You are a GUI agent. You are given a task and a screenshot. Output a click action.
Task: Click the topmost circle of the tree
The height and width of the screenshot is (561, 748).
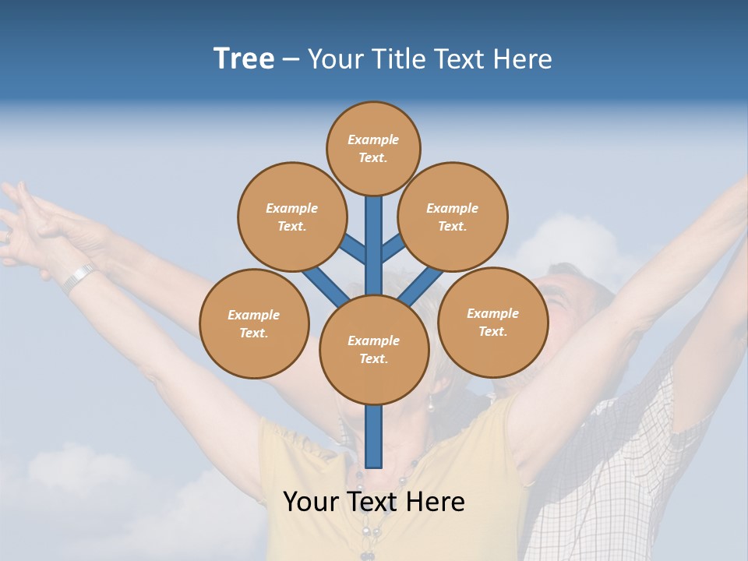coord(373,148)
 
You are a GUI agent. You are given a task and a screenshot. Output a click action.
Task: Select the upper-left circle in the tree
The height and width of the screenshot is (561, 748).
coord(291,217)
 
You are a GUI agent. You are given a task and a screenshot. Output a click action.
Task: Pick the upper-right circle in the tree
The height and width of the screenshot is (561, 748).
coord(453,217)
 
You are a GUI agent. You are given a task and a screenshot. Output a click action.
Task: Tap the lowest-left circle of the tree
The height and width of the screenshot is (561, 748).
coord(254,323)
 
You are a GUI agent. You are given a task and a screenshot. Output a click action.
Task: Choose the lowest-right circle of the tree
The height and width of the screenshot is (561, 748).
coord(492,322)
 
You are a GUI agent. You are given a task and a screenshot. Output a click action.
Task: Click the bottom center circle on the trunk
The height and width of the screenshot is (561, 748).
coord(374,350)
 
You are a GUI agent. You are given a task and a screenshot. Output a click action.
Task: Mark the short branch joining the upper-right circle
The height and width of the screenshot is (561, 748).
coord(393,249)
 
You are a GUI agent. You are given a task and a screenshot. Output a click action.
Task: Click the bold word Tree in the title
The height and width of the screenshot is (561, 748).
coord(244,59)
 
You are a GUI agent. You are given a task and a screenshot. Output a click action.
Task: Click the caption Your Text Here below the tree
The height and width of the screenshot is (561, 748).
coord(374,502)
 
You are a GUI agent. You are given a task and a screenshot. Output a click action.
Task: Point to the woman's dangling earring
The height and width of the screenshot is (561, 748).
coord(429,402)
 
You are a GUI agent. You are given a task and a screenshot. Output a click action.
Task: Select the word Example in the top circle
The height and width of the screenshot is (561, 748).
coord(373,139)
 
